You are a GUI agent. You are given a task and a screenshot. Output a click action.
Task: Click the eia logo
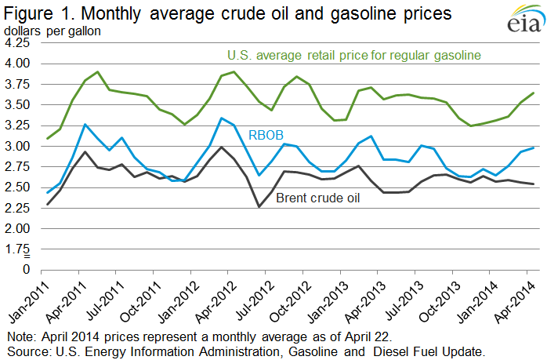coord(526,19)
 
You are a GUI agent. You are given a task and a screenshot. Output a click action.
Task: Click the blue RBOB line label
coord(266,135)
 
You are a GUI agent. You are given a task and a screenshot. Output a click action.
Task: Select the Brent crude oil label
coord(318,198)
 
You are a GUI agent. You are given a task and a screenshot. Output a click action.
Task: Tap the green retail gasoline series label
coord(354,55)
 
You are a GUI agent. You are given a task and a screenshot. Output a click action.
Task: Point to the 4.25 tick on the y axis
coord(17,42)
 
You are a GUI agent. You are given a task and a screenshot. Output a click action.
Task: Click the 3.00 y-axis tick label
coord(17,146)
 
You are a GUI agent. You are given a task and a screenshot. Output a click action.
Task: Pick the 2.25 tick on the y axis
coord(17,208)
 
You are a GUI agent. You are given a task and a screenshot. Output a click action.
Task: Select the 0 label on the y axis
coord(26,270)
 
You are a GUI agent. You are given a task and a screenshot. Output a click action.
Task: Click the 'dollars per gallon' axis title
coord(53,31)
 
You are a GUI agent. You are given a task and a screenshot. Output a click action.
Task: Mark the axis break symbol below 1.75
coord(27,256)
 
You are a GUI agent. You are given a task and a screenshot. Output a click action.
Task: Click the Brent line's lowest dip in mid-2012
coord(259,207)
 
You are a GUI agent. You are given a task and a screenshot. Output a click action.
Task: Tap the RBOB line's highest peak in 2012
coord(221,118)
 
